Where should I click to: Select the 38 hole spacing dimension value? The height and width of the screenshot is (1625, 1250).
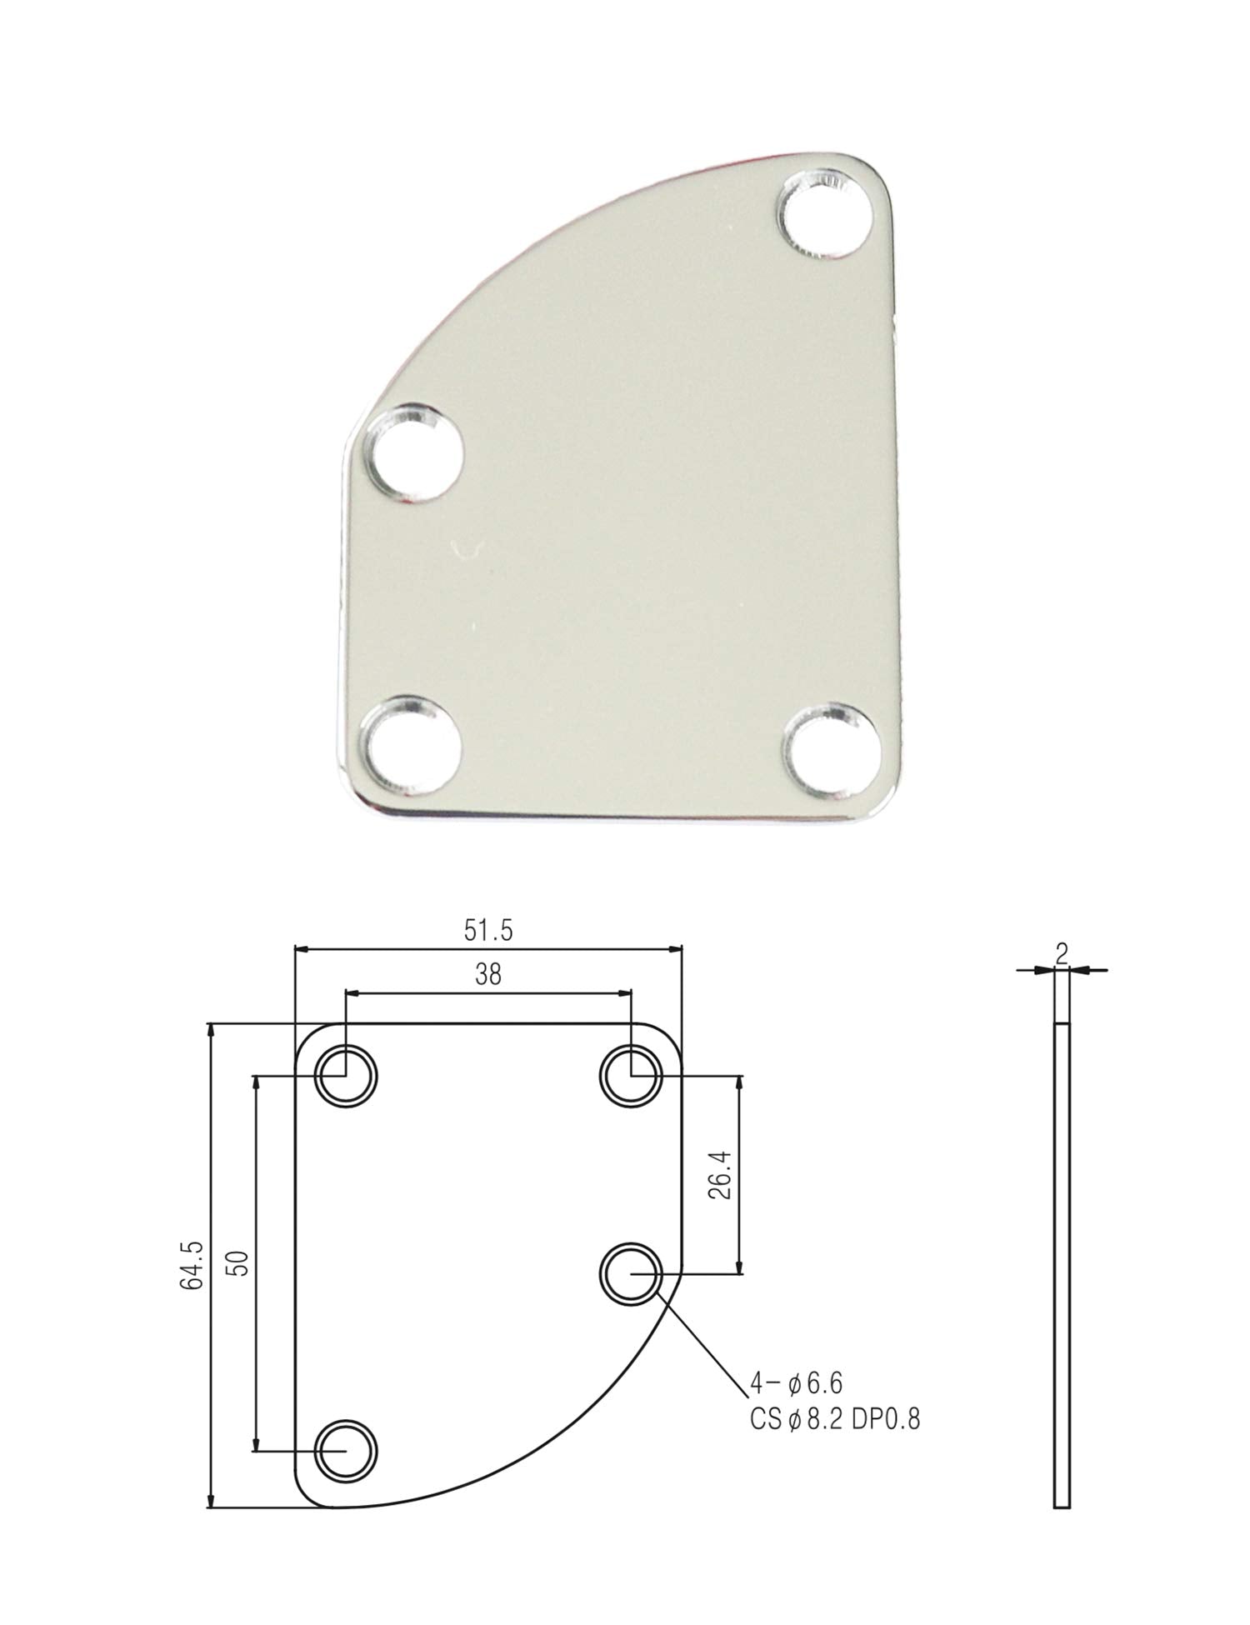point(488,974)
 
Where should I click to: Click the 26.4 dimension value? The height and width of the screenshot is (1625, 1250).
point(722,1175)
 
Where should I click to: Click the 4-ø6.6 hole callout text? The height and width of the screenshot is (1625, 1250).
point(796,1384)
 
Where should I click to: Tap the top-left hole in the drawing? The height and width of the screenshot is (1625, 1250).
point(346,1076)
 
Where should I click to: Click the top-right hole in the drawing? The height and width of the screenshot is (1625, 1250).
point(631,1076)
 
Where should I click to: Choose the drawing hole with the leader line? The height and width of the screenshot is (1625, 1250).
point(631,1274)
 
